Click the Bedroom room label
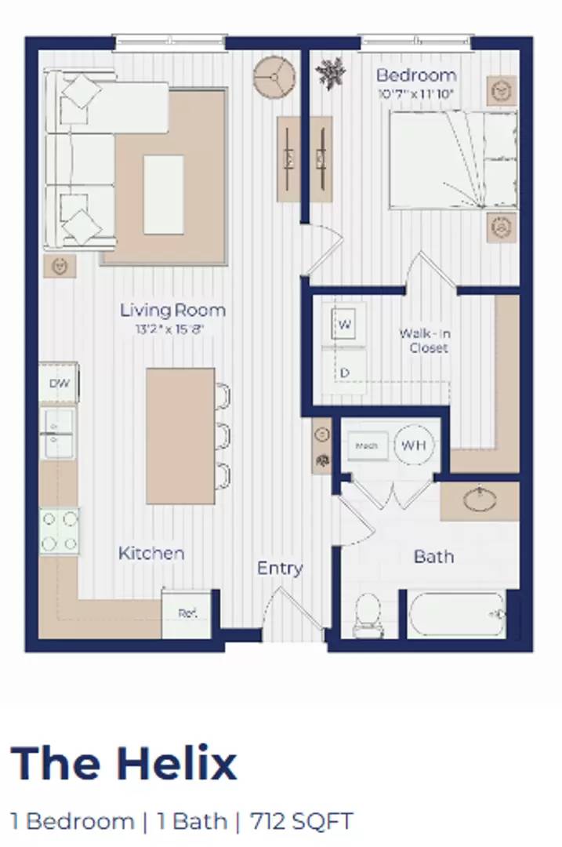[415, 76]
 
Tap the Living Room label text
[172, 310]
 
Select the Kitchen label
[151, 553]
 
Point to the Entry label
[280, 569]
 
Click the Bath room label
[433, 556]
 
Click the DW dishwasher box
[59, 384]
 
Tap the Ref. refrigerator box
[187, 613]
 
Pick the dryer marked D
[345, 373]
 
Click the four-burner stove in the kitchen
[60, 530]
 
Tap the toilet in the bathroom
[367, 614]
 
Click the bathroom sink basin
[479, 500]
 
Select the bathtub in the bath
[457, 613]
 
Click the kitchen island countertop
[180, 435]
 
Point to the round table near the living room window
[274, 77]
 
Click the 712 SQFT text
[302, 821]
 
